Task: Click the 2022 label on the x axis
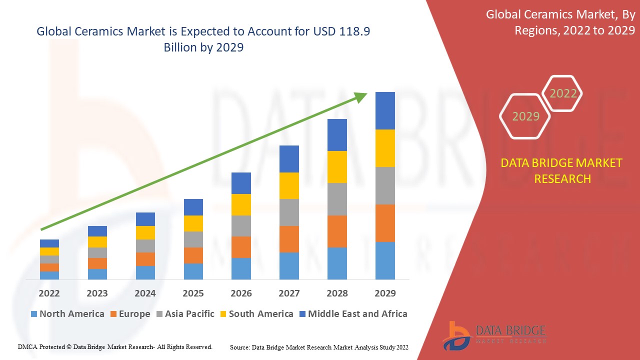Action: (x=49, y=293)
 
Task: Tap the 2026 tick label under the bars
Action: (x=241, y=293)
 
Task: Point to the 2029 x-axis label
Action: (x=385, y=293)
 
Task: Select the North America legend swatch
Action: (x=34, y=314)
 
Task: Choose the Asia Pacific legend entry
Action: (x=185, y=314)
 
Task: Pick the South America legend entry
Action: (x=255, y=314)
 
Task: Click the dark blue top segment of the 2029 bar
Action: (x=385, y=110)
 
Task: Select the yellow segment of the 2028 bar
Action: (x=337, y=166)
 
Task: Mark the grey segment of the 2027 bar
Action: (x=289, y=212)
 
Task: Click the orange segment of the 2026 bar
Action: (x=241, y=247)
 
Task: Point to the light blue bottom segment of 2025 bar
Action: (x=193, y=271)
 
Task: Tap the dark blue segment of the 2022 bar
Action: (x=49, y=243)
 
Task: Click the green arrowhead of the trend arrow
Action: (x=361, y=96)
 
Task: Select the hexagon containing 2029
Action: (x=525, y=116)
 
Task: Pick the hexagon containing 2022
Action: (x=563, y=93)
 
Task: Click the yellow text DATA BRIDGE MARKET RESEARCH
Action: (x=562, y=170)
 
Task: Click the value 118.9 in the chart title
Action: (x=353, y=31)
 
